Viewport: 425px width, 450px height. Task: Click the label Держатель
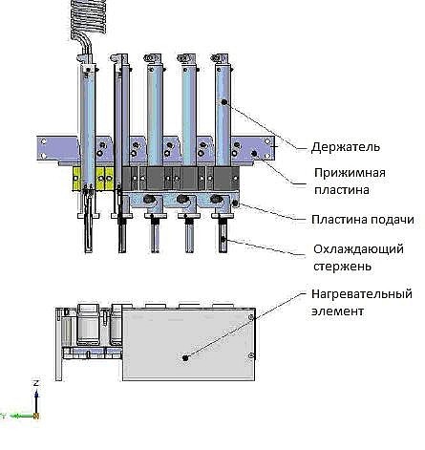click(x=346, y=147)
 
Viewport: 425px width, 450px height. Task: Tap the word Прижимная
click(x=350, y=173)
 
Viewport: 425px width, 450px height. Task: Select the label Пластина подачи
click(x=363, y=220)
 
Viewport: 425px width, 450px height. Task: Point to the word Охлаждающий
click(x=358, y=249)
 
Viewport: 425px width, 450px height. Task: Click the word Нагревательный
click(x=362, y=294)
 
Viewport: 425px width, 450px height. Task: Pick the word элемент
click(x=337, y=311)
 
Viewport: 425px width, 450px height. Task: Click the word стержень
click(x=342, y=267)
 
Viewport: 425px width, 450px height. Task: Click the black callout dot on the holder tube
click(x=224, y=102)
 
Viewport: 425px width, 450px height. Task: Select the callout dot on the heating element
click(x=185, y=357)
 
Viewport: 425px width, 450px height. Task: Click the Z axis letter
click(x=36, y=383)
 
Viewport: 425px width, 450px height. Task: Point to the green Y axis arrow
click(x=22, y=416)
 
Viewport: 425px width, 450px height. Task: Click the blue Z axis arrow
click(x=36, y=402)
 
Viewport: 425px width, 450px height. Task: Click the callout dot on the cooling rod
click(x=223, y=240)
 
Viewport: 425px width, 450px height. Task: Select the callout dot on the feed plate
click(x=235, y=203)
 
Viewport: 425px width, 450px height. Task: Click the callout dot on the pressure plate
click(x=254, y=154)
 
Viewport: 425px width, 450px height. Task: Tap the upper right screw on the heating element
click(x=251, y=317)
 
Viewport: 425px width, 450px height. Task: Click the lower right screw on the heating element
click(x=251, y=355)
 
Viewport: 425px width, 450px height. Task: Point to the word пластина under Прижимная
click(x=342, y=190)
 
